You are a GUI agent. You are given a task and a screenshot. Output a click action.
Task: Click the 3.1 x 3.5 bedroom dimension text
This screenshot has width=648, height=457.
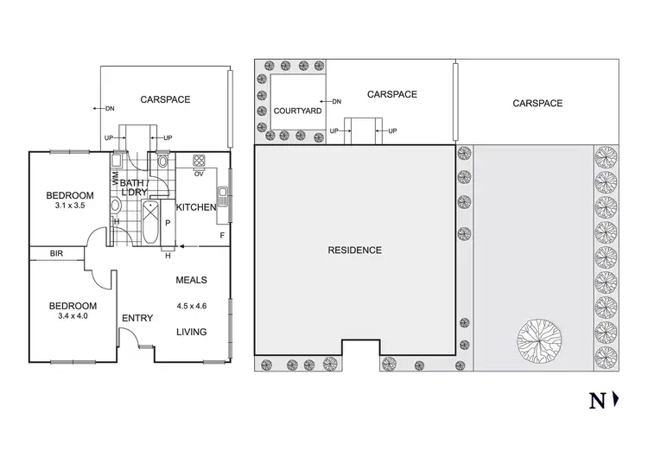[70, 206]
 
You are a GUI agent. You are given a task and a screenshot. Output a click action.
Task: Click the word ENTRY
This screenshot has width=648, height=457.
[137, 319]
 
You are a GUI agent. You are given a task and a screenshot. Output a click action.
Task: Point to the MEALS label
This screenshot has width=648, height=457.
[191, 279]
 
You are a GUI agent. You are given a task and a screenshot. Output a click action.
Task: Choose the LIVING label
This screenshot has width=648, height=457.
[191, 332]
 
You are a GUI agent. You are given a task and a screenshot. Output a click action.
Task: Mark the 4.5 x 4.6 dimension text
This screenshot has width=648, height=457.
[191, 305]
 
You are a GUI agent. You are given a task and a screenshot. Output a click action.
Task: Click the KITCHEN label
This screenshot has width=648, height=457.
[195, 208]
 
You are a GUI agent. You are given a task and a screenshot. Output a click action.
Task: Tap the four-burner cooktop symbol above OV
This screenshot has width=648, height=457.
[199, 161]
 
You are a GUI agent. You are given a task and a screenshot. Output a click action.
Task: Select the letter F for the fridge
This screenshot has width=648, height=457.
[222, 234]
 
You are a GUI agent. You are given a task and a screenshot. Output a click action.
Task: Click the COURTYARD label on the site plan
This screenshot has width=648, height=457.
[297, 111]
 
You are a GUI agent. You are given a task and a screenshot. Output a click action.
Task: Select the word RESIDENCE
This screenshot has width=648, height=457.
[354, 251]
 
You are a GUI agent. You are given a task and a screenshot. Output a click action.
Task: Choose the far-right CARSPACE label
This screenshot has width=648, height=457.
[537, 103]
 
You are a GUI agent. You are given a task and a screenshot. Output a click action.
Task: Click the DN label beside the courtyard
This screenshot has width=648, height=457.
[336, 101]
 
